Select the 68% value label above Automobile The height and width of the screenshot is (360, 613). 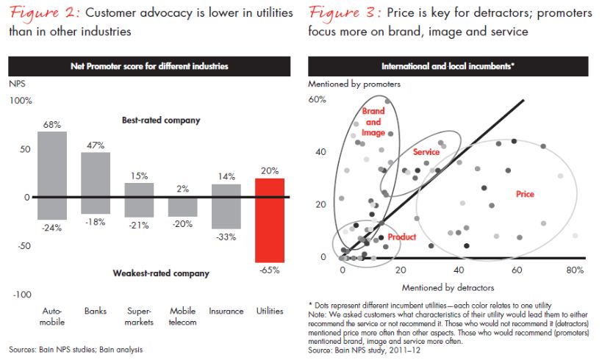(x=51, y=125)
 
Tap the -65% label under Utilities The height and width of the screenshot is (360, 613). (x=270, y=271)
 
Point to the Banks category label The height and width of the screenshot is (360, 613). (x=96, y=311)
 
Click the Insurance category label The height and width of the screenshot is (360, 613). (x=226, y=311)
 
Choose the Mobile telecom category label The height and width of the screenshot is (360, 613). (x=182, y=316)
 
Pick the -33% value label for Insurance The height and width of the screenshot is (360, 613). (x=226, y=237)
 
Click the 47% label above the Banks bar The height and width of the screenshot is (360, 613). (x=96, y=145)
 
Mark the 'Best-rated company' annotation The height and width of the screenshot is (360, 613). (x=161, y=119)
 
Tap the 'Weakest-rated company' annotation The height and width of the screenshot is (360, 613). (x=161, y=273)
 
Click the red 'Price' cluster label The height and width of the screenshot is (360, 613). (x=525, y=195)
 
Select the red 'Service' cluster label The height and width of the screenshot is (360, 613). (x=426, y=152)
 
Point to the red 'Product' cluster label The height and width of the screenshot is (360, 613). (x=402, y=237)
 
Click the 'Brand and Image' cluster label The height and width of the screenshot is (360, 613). (x=373, y=122)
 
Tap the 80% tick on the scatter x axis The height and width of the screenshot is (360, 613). (x=576, y=270)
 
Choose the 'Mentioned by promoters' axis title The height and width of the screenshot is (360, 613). (x=354, y=84)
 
